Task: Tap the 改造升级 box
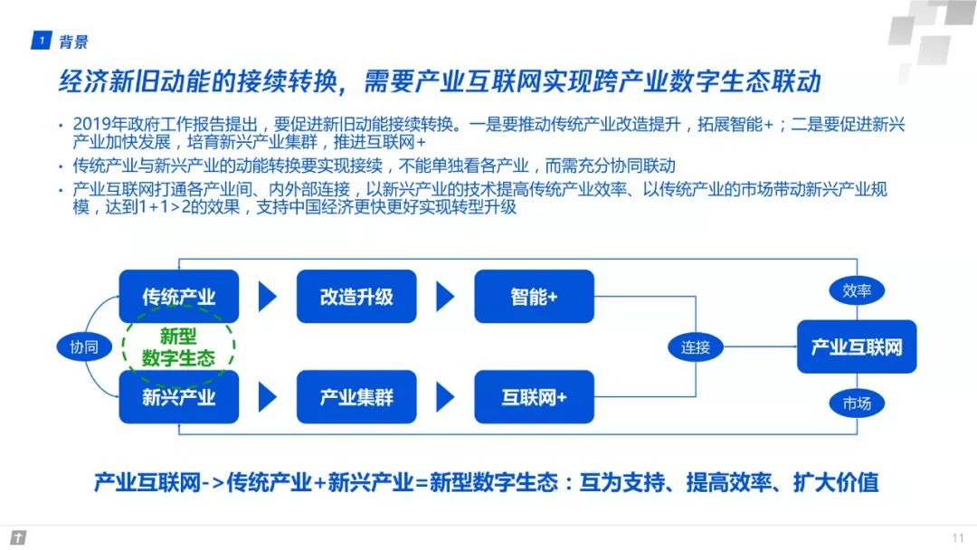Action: pos(356,297)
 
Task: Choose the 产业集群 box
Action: pos(356,397)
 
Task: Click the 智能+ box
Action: pos(534,297)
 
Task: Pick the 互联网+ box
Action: pos(534,397)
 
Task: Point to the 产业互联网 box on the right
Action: pos(856,346)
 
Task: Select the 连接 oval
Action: pos(696,346)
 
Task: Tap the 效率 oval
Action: pos(856,290)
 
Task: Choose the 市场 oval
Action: pos(856,403)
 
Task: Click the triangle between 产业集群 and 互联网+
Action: pos(444,397)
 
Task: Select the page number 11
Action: pos(957,537)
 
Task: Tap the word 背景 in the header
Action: pos(73,41)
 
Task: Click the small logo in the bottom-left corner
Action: pos(16,537)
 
